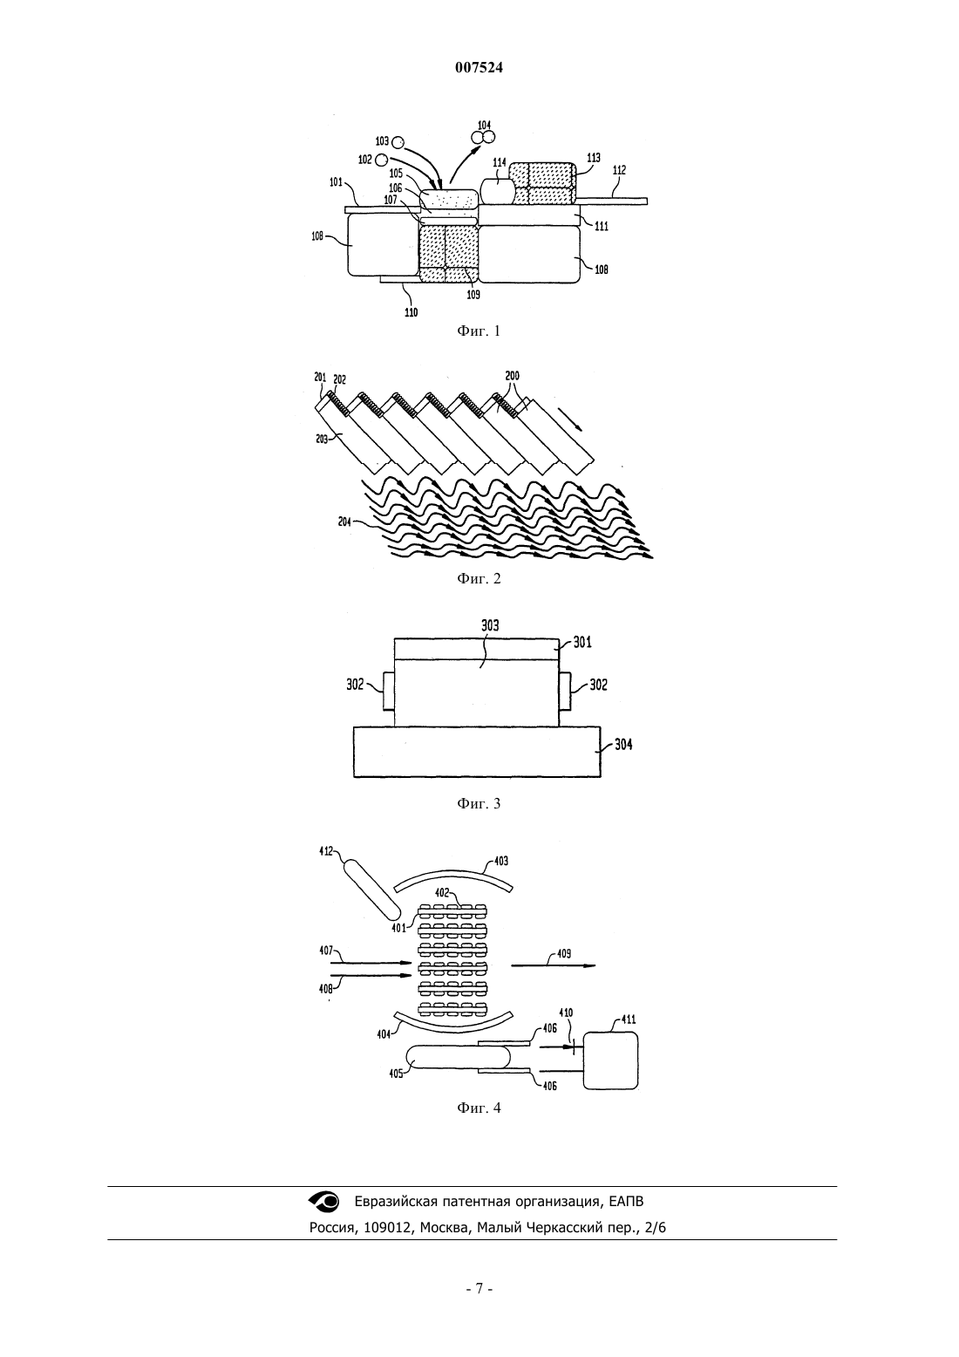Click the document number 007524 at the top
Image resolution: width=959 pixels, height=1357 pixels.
[479, 68]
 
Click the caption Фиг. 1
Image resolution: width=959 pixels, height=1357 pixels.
[479, 331]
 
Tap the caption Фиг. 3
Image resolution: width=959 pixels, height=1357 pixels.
[479, 803]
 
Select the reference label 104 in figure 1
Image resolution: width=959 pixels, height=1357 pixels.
[485, 126]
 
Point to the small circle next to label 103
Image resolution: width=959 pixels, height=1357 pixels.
[398, 142]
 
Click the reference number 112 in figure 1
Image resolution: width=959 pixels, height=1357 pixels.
[619, 171]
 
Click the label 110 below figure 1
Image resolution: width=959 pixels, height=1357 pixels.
[411, 312]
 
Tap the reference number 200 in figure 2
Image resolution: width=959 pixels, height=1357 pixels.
[512, 376]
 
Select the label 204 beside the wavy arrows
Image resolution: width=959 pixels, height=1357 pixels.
[344, 521]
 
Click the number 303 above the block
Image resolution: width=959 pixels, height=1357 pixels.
[490, 626]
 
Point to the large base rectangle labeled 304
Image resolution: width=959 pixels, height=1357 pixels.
[477, 752]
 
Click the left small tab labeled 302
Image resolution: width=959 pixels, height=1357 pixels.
[388, 692]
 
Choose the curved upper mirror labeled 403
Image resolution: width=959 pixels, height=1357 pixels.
[453, 875]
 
